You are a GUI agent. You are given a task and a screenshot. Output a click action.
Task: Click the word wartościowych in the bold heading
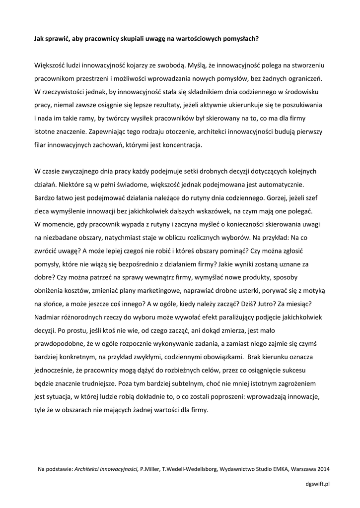pos(194,38)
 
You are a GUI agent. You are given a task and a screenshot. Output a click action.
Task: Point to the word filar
pos(41,145)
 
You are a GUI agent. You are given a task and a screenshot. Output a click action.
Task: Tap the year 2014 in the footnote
pos(323,468)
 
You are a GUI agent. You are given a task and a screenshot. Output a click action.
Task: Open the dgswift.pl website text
pos(318,483)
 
